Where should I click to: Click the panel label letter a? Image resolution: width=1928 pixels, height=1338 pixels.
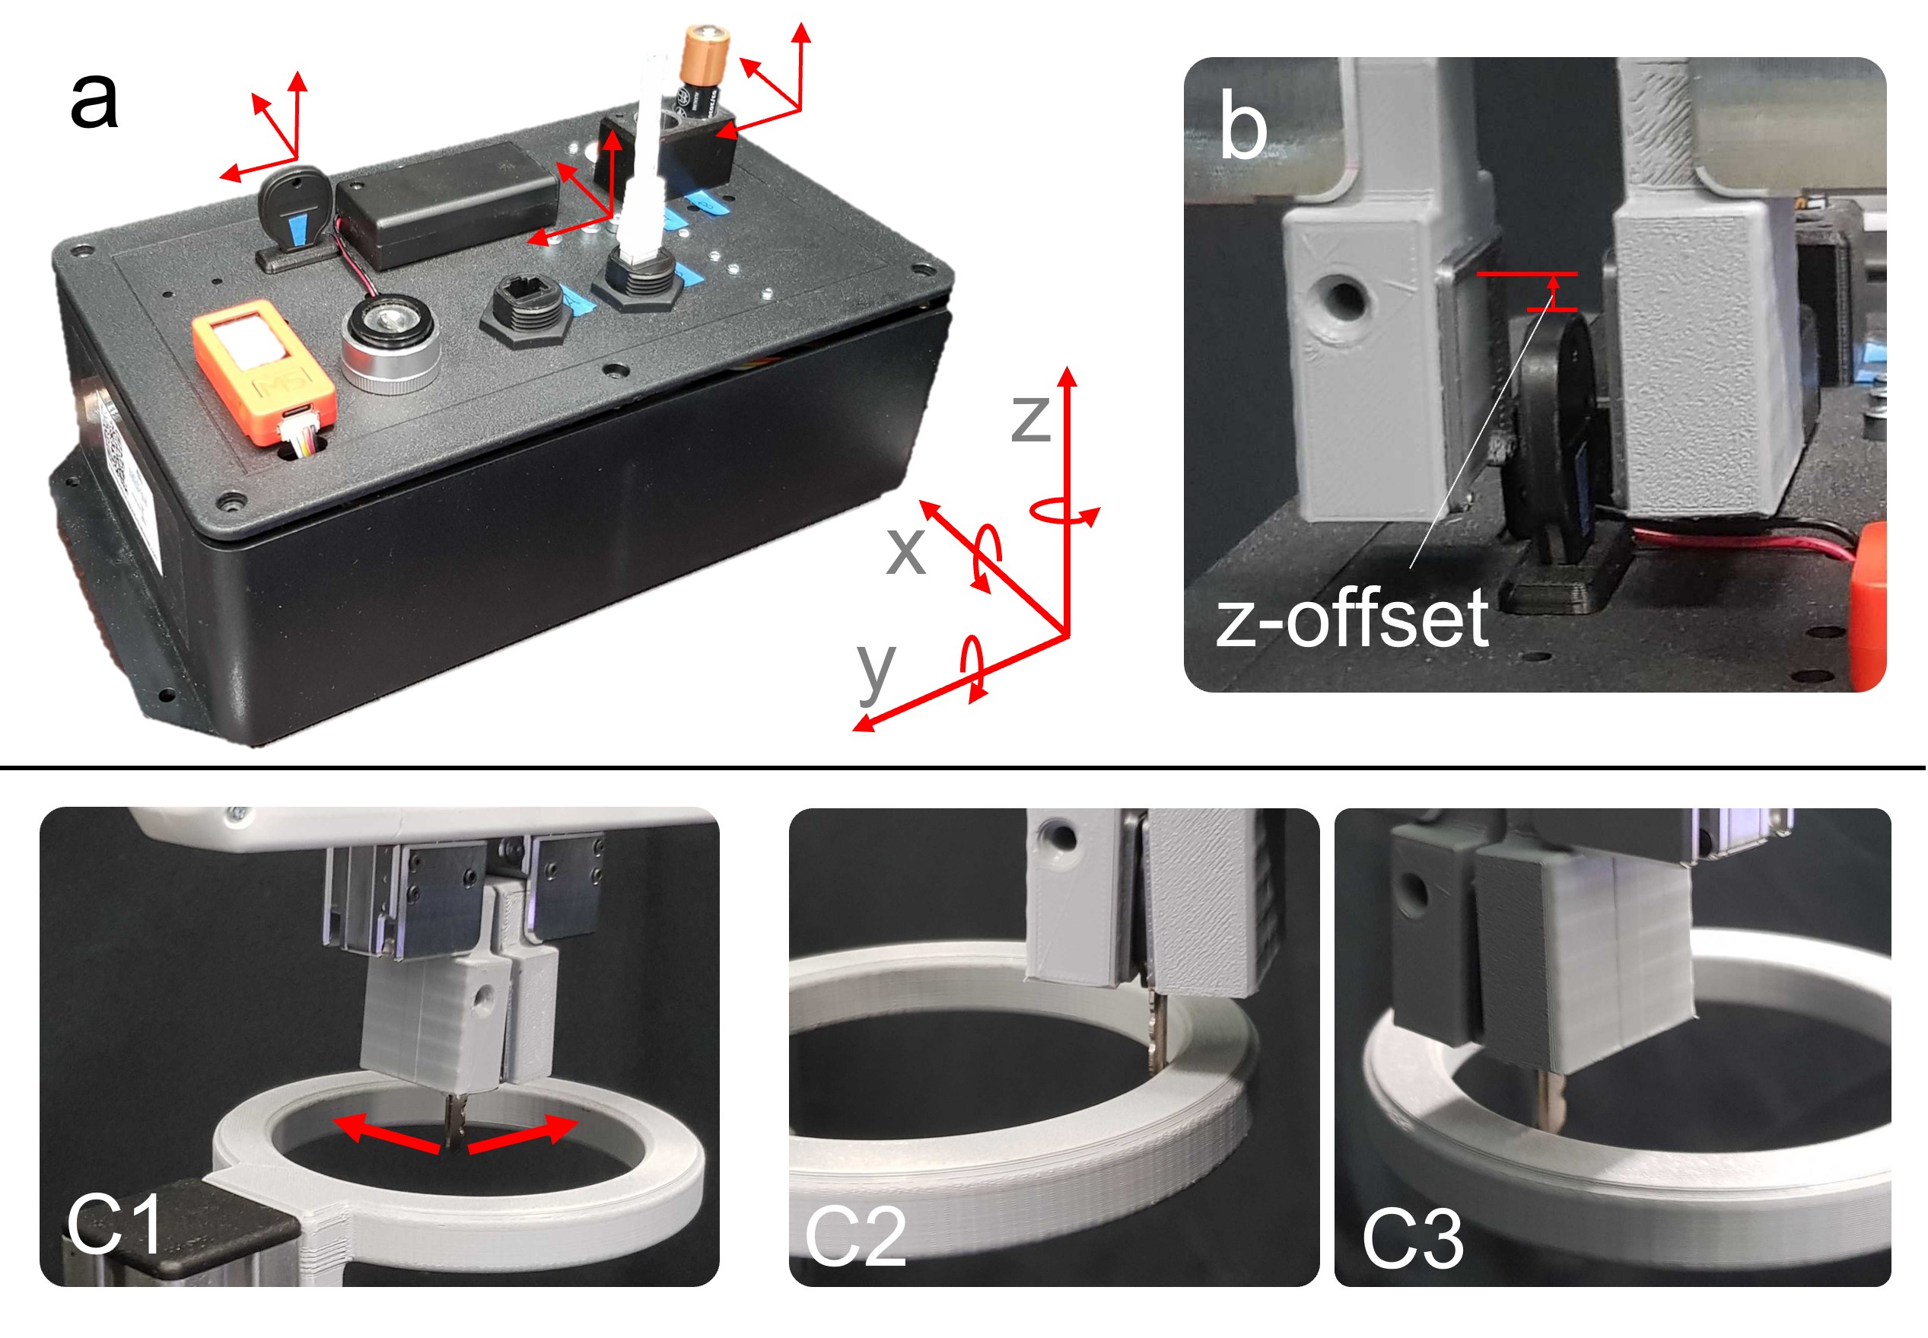tap(94, 101)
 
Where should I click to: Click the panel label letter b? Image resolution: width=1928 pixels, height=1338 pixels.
tap(1242, 125)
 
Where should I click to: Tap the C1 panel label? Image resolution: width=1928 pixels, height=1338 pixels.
tap(115, 1224)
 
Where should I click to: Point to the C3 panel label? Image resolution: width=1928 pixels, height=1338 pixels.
tap(1413, 1238)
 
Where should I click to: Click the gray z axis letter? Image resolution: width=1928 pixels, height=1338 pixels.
tap(1031, 419)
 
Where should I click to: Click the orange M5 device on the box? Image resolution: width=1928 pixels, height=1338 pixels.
tap(265, 369)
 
